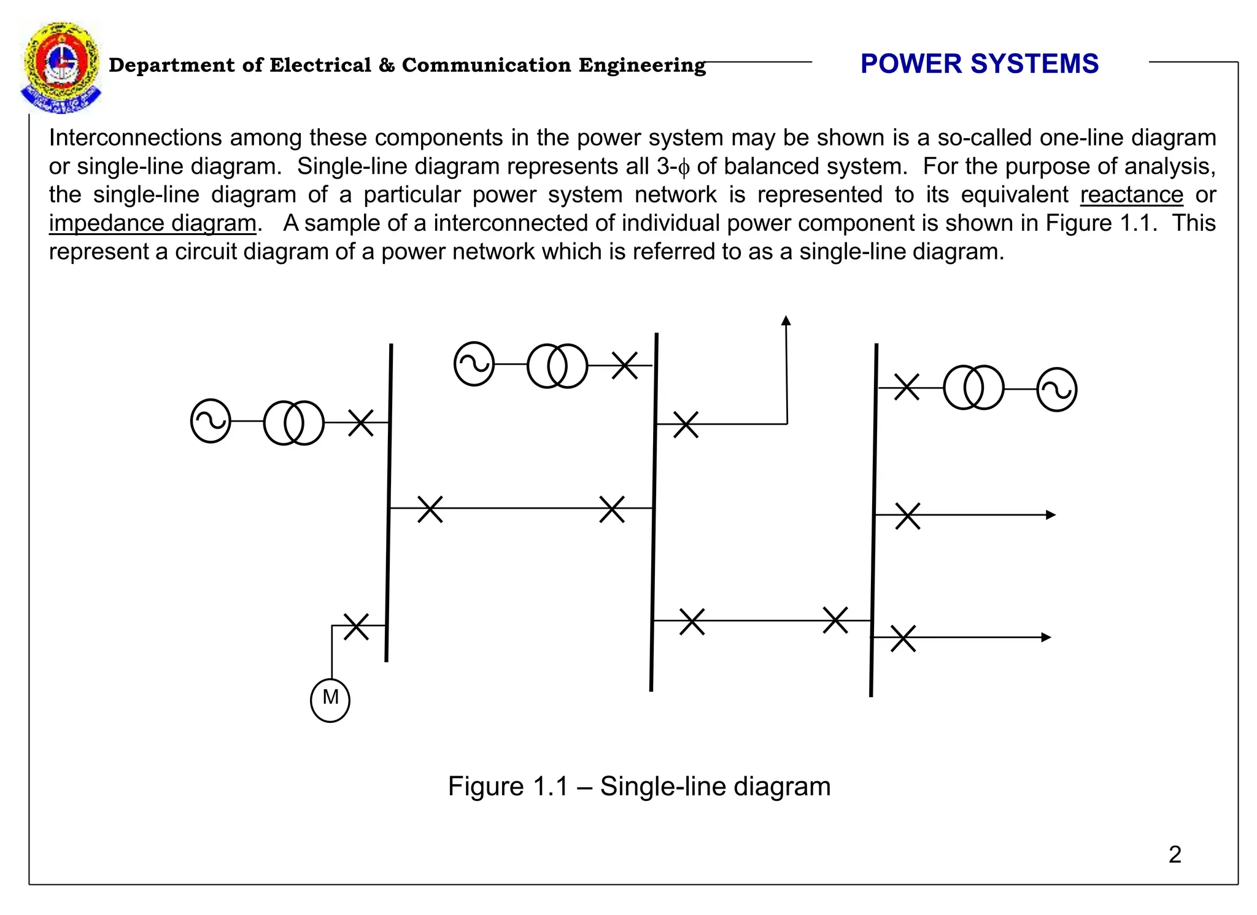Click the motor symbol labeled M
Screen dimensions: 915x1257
[x=330, y=700]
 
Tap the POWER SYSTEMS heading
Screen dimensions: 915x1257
[x=979, y=64]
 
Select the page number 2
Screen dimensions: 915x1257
[x=1175, y=854]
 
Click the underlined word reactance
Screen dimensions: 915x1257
[x=1131, y=195]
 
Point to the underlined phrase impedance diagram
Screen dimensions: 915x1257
[x=152, y=223]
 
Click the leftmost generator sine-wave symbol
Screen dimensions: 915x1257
[x=211, y=421]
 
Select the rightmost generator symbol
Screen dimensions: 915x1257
[x=1056, y=389]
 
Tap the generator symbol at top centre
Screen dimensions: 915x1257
[x=474, y=364]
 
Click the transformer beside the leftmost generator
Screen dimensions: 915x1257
[x=293, y=422]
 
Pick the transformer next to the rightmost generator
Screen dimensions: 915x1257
[x=973, y=387]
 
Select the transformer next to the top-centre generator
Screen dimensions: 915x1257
[x=557, y=366]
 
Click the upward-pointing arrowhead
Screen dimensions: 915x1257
[x=786, y=320]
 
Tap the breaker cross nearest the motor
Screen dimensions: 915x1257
[x=356, y=626]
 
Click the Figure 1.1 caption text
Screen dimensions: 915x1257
[x=638, y=786]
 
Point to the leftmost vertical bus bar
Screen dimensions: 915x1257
[x=389, y=503]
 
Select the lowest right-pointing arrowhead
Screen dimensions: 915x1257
[x=1046, y=637]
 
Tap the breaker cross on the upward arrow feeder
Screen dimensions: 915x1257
[x=686, y=424]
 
